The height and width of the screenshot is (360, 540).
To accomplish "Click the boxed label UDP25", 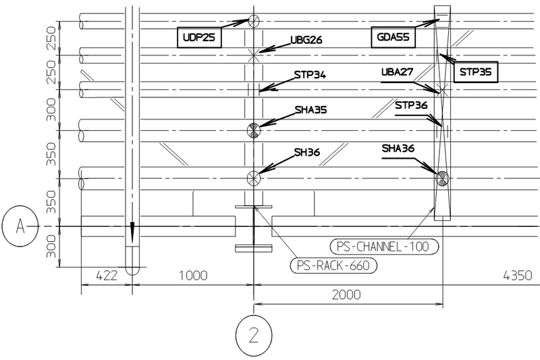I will (x=199, y=38).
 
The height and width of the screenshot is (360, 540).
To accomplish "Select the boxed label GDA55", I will (x=392, y=38).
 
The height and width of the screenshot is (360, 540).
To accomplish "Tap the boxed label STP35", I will (x=476, y=72).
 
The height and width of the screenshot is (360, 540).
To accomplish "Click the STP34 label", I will (x=310, y=75).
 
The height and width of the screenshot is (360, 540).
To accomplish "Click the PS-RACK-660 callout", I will (x=334, y=265).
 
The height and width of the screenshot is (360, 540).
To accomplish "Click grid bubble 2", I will (x=253, y=333).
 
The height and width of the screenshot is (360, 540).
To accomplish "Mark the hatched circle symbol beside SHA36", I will (x=442, y=178).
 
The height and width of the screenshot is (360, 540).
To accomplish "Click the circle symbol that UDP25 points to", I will (x=253, y=21).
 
